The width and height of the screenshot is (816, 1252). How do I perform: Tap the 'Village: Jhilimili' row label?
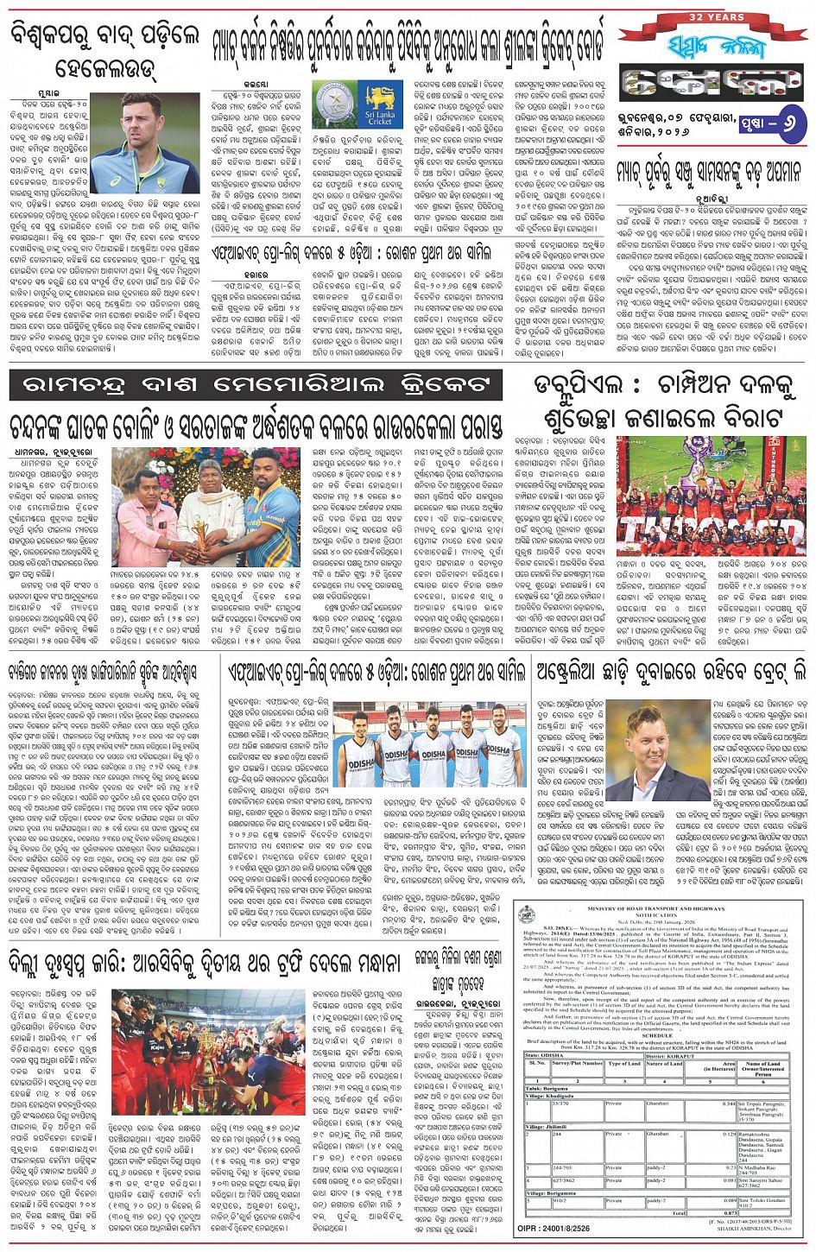547,1126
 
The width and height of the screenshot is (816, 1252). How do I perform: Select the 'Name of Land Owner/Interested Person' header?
762,1066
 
